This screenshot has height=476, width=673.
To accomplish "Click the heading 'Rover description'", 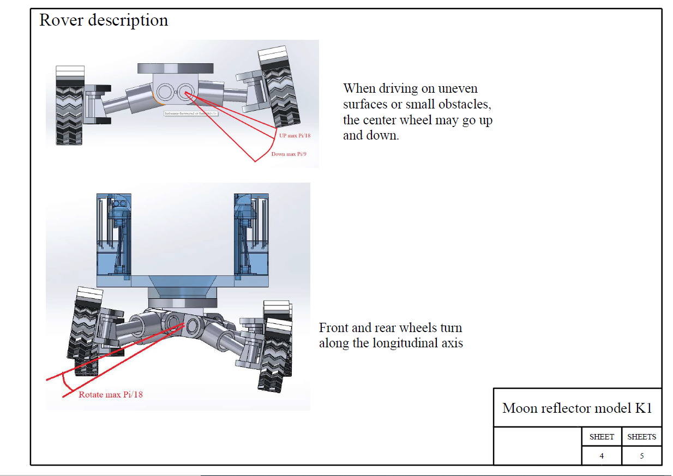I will pyautogui.click(x=104, y=21).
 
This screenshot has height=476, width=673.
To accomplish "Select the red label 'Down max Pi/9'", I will pyautogui.click(x=289, y=154).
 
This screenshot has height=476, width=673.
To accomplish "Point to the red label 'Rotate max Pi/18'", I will pyautogui.click(x=111, y=394).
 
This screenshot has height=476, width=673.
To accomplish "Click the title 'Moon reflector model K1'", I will pyautogui.click(x=577, y=408).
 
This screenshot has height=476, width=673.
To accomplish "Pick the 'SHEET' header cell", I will pyautogui.click(x=602, y=437).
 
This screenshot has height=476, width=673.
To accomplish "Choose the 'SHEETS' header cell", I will pyautogui.click(x=641, y=437).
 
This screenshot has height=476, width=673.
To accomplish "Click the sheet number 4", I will pyautogui.click(x=602, y=456).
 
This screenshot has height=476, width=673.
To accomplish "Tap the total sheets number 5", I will pyautogui.click(x=641, y=456).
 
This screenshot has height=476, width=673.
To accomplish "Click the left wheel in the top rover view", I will pyautogui.click(x=70, y=105).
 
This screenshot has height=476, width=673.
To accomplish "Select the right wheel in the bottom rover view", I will pyautogui.click(x=277, y=346).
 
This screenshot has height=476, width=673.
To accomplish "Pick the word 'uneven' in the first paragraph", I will pyautogui.click(x=458, y=88).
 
